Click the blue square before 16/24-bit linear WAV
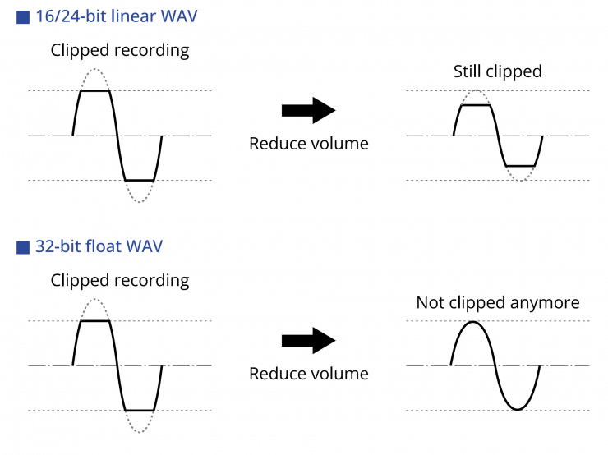(23, 16)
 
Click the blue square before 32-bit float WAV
(23, 246)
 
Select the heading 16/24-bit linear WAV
(116, 16)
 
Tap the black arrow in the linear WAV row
(308, 111)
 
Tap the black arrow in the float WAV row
(308, 341)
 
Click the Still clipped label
(498, 71)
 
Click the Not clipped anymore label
(498, 302)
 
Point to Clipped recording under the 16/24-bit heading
(120, 50)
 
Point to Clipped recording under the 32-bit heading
(120, 280)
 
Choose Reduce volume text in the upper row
(308, 144)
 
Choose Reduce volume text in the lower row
(308, 374)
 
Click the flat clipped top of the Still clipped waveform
(477, 105)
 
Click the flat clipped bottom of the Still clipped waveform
(520, 166)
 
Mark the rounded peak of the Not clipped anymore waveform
(472, 321)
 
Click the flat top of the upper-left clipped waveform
(94, 91)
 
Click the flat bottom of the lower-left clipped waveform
(140, 410)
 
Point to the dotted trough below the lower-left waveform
(140, 432)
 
